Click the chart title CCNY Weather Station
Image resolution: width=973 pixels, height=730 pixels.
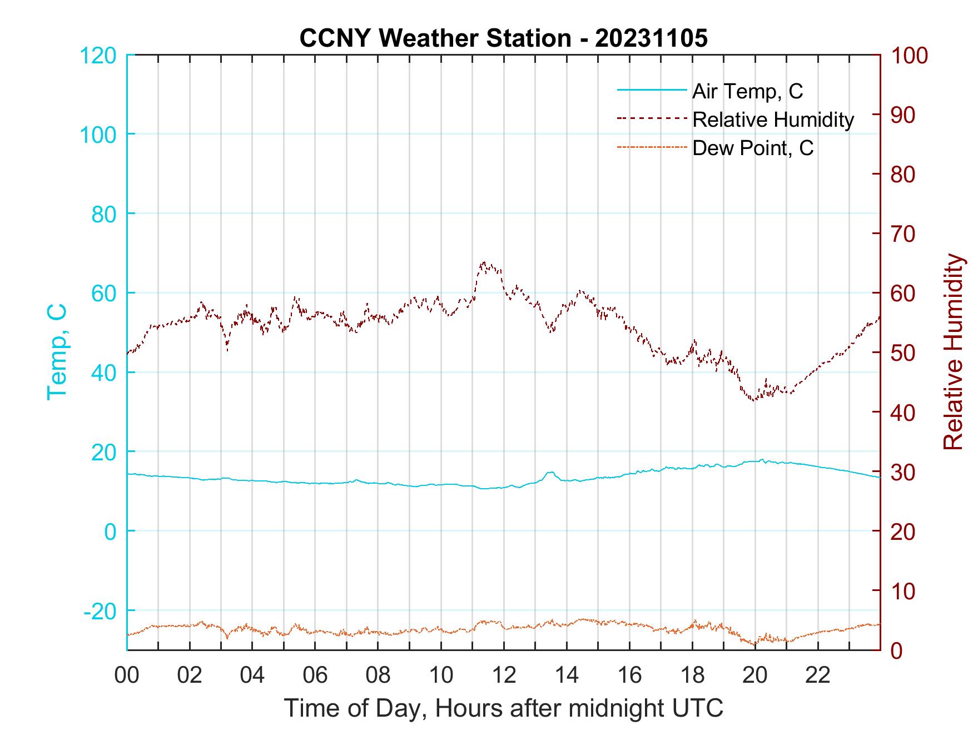click(x=503, y=38)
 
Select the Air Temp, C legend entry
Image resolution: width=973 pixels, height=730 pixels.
click(x=747, y=91)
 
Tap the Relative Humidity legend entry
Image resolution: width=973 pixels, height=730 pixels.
click(x=772, y=120)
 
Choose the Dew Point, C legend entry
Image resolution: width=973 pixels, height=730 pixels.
click(x=752, y=148)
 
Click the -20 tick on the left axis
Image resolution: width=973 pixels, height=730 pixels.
click(x=100, y=611)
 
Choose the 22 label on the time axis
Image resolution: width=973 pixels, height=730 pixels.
click(x=817, y=676)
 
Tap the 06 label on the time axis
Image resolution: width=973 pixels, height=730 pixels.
click(x=315, y=676)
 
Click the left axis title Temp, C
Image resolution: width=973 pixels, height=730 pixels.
click(x=57, y=351)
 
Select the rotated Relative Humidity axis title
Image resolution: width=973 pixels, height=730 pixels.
click(x=953, y=351)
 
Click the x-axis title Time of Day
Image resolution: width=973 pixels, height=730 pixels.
click(x=503, y=708)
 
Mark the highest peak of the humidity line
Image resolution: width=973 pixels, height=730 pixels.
click(x=484, y=262)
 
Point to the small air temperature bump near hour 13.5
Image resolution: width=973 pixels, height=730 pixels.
click(x=550, y=473)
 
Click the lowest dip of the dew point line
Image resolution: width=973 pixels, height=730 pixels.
click(x=755, y=645)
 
